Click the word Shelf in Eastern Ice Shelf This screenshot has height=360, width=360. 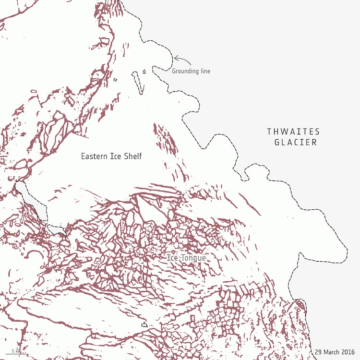[132, 156]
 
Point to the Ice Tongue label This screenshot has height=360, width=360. [186, 258]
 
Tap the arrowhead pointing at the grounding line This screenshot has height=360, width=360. [176, 59]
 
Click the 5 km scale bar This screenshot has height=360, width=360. [15, 354]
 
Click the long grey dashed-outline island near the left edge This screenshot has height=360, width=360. [32, 200]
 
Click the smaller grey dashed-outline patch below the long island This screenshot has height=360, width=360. [57, 229]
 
